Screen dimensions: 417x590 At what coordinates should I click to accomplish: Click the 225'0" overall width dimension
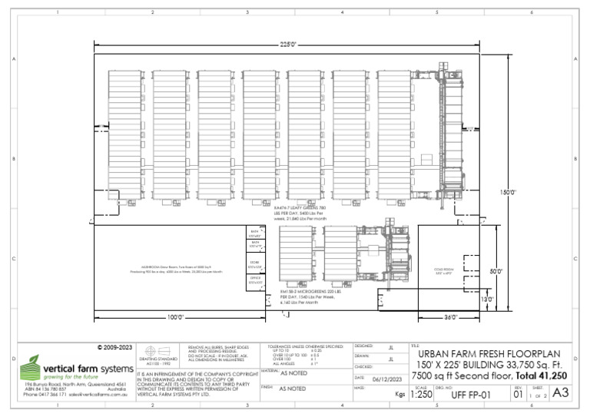click(x=287, y=45)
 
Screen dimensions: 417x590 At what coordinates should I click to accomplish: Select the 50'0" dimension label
click(x=497, y=271)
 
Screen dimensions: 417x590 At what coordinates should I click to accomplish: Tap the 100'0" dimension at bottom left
click(x=177, y=316)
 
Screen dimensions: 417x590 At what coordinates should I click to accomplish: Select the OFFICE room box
click(x=255, y=280)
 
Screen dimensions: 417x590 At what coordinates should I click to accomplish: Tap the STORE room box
click(x=255, y=263)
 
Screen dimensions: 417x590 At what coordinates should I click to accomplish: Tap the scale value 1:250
click(x=421, y=395)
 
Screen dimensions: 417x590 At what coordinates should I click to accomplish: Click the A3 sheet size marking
click(x=561, y=393)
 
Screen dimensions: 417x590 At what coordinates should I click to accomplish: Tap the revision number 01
click(x=518, y=395)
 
